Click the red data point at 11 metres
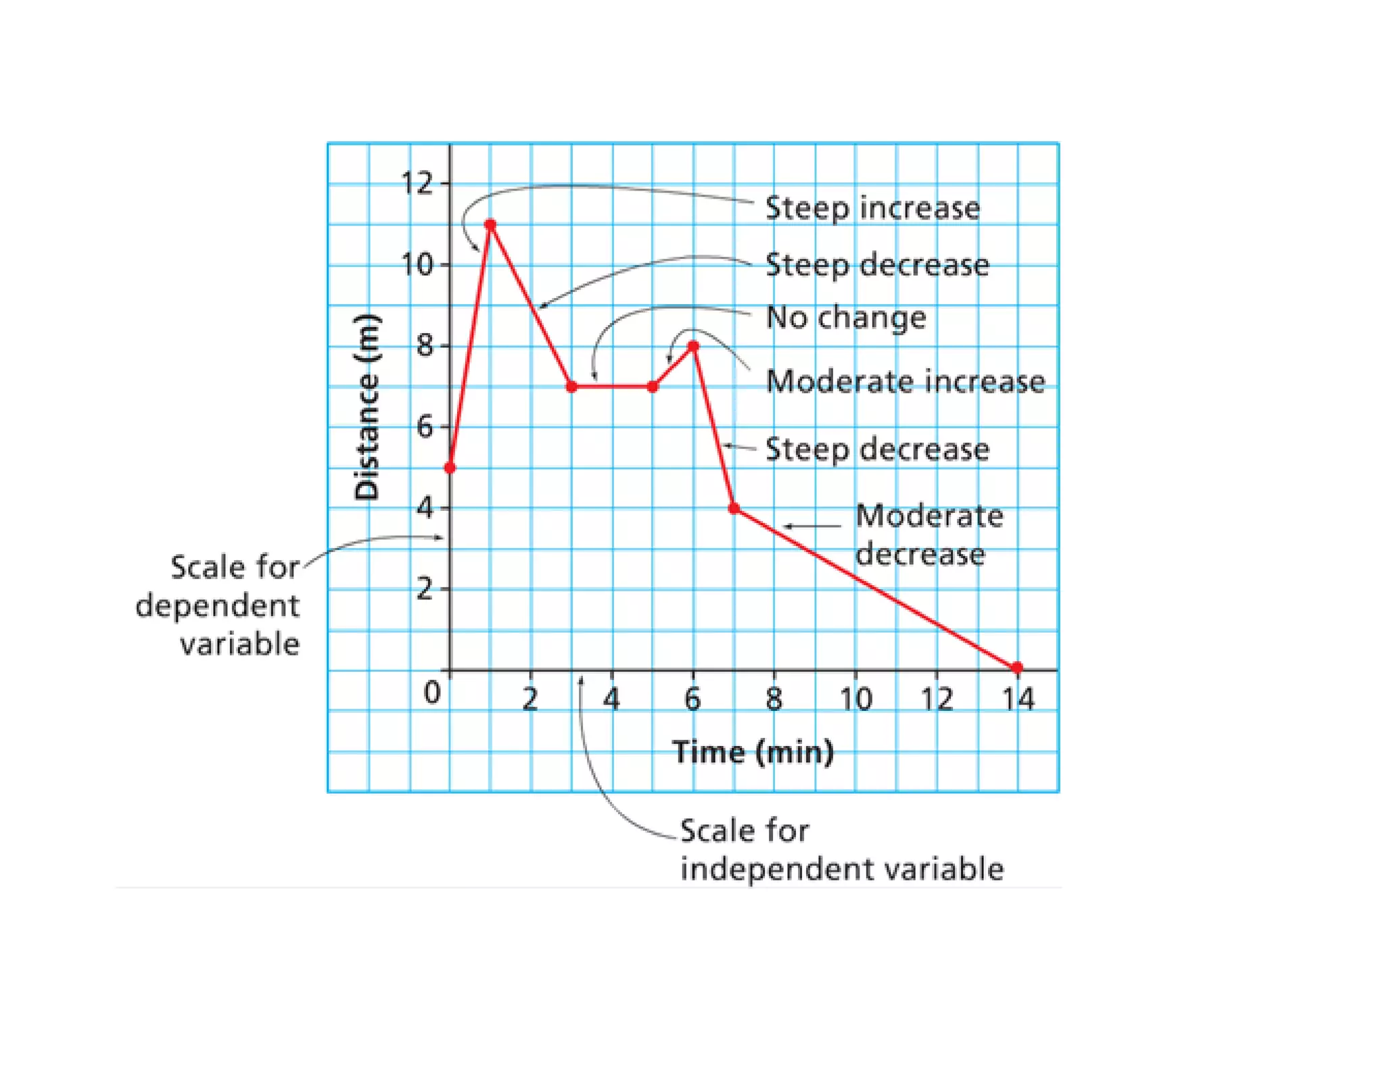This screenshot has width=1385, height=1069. (x=490, y=224)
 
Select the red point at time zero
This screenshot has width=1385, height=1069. (x=450, y=468)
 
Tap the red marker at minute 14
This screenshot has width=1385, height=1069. (x=1017, y=668)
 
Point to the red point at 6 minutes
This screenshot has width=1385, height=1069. (x=693, y=346)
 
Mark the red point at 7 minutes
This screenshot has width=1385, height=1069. (x=734, y=508)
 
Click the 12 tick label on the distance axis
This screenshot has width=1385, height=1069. (x=417, y=183)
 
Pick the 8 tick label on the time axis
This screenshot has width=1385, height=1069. (x=774, y=699)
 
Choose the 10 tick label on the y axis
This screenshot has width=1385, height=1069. (x=417, y=264)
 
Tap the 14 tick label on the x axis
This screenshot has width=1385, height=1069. (x=1018, y=699)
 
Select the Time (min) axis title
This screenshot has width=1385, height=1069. (x=753, y=752)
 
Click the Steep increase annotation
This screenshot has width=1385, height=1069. (x=872, y=207)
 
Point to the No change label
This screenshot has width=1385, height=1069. (x=845, y=317)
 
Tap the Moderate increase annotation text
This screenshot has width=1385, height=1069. (x=905, y=381)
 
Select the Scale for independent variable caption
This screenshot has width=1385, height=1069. (x=841, y=849)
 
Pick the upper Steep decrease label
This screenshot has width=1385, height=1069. (x=876, y=264)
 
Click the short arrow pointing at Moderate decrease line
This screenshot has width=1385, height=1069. (x=812, y=526)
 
